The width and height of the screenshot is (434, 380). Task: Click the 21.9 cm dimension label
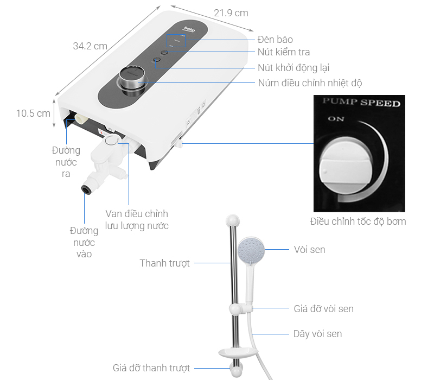[231, 13]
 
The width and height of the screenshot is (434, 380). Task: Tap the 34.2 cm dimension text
[90, 46]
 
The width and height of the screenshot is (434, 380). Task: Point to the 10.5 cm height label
[33, 113]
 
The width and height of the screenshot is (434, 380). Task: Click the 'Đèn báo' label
[275, 40]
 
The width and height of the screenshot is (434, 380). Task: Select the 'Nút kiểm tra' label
[284, 52]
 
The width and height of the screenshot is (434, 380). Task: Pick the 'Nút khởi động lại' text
[293, 68]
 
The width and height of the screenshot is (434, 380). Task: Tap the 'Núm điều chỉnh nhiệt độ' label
[310, 83]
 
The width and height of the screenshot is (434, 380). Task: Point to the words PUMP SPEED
[361, 103]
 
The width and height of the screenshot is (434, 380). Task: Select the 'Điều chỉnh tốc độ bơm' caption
[358, 221]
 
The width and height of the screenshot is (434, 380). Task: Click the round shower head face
[250, 251]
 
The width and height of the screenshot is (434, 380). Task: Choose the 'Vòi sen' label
[310, 250]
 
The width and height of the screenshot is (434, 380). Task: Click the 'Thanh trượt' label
[165, 263]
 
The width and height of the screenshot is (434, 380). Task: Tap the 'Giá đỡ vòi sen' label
[324, 309]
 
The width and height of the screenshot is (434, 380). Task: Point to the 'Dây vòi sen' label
[318, 334]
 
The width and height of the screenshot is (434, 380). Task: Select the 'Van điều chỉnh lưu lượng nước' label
[137, 219]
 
